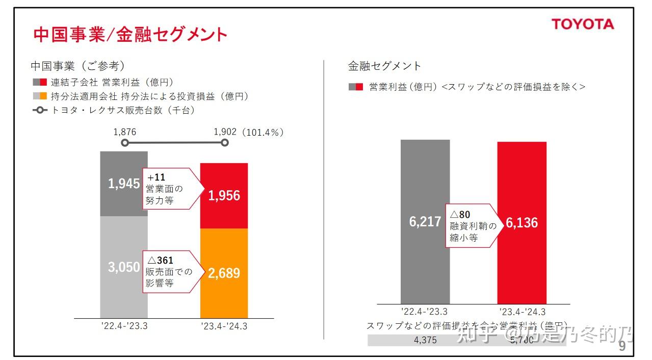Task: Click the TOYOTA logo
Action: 583,24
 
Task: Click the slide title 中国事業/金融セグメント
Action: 130,34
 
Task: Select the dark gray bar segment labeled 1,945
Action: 124,184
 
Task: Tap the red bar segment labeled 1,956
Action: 224,196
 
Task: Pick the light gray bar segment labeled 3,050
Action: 124,267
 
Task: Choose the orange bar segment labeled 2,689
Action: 224,273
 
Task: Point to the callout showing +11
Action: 168,189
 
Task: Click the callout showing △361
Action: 168,271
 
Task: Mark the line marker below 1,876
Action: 125,143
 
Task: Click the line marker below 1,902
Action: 225,143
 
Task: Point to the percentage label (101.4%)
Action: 263,132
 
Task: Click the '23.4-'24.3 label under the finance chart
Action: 521,312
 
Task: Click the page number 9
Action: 622,347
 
